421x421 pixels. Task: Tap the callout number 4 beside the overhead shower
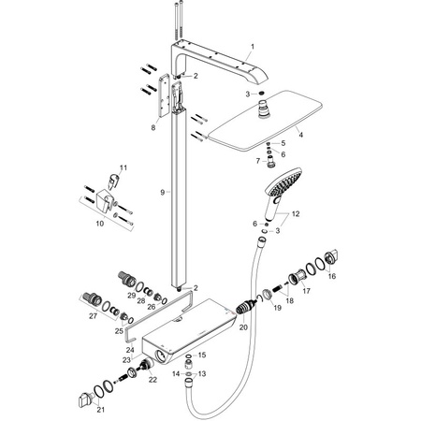pyautogui.click(x=300, y=135)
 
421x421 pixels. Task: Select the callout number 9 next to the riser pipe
pyautogui.click(x=162, y=192)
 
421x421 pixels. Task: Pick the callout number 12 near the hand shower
pyautogui.click(x=298, y=215)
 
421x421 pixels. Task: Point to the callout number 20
pyautogui.click(x=244, y=327)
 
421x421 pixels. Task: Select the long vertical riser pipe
pyautogui.click(x=179, y=215)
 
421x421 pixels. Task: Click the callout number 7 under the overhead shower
pyautogui.click(x=257, y=161)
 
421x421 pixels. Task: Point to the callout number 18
pyautogui.click(x=289, y=301)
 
